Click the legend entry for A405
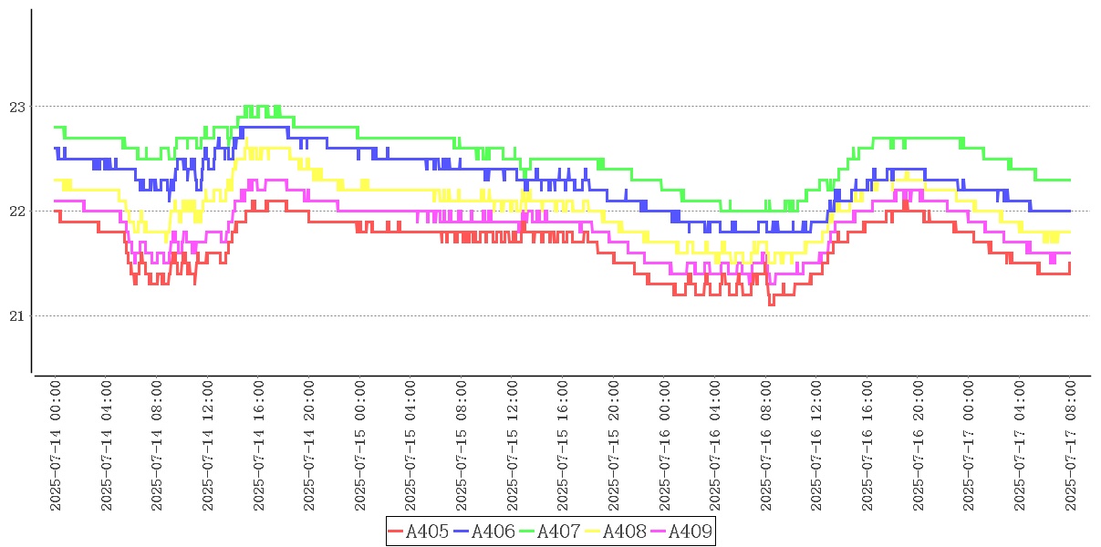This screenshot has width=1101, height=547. [x=419, y=532]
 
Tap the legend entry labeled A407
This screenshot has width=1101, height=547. [x=550, y=532]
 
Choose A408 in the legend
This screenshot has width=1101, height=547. [x=616, y=532]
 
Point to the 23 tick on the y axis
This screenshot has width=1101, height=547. [x=17, y=107]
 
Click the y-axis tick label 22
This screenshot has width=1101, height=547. [x=17, y=212]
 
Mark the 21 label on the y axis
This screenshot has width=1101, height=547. [x=17, y=316]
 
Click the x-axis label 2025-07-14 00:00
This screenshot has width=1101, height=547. [x=55, y=445]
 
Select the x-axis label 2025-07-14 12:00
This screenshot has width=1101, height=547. [x=207, y=445]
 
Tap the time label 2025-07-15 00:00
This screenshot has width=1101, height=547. [x=359, y=445]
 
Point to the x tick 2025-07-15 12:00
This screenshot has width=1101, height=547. [x=512, y=445]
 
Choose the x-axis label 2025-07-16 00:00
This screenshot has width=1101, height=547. [x=664, y=445]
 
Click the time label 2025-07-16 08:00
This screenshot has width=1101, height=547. [x=765, y=445]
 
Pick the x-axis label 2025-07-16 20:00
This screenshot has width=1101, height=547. [x=918, y=445]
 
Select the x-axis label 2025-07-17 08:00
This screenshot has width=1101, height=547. [x=1070, y=445]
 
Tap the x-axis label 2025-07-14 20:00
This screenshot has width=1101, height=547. [x=308, y=445]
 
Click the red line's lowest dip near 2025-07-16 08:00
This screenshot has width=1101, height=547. [x=771, y=304]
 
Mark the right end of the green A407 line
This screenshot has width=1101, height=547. [x=1069, y=180]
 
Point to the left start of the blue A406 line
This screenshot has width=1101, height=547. [x=55, y=149]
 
